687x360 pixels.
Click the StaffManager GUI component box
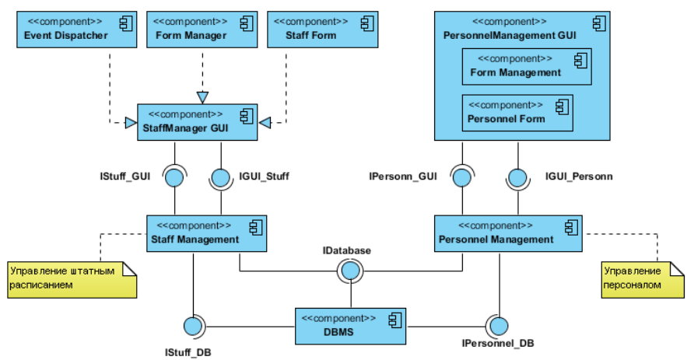pyautogui.click(x=198, y=122)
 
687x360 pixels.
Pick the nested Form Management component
pyautogui.click(x=527, y=66)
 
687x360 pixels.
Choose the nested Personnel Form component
pyautogui.click(x=517, y=113)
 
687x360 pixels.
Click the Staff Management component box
pyautogui.click(x=207, y=233)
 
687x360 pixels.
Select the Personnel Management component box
pyautogui.click(x=507, y=233)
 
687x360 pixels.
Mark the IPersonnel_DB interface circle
pyautogui.click(x=498, y=326)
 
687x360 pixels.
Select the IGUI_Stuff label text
pyautogui.click(x=265, y=177)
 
